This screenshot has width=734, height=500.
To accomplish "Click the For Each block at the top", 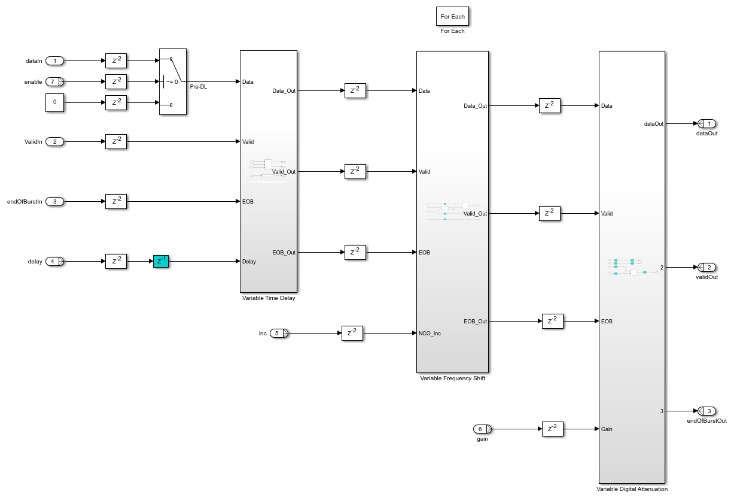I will coord(452,16).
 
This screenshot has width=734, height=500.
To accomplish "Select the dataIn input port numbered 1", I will coord(54,60).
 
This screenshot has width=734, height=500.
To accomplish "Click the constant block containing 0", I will coord(54,102).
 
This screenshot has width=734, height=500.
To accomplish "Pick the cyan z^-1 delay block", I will coord(161,261).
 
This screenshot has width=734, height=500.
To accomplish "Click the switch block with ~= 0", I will coord(173,81).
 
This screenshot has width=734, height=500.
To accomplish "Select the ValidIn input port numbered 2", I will coord(54,141).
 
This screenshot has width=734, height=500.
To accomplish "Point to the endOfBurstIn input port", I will coord(54,201).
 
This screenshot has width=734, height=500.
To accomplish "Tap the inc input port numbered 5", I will coord(278,333).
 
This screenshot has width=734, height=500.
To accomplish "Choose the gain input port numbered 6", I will coord(482,429).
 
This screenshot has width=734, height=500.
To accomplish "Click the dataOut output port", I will coord(708,123).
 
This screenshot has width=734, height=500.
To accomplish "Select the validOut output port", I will coord(708,267).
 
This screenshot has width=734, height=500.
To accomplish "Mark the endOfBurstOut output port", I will coord(708,411).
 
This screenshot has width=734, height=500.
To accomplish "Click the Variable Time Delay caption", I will coord(268,298).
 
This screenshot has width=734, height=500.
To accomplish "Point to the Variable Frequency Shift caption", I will coord(452,378).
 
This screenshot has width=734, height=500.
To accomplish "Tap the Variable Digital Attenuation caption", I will coord(632,489).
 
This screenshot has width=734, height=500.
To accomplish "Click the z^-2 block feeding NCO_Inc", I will coord(352,333).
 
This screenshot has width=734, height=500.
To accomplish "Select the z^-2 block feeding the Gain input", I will coord(553,429).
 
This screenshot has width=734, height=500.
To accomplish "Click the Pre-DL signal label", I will coord(199,87).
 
